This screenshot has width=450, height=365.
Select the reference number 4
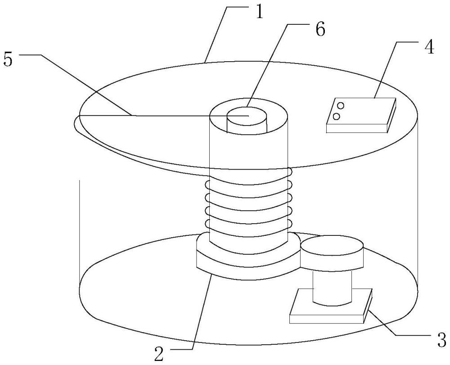(x=429, y=46)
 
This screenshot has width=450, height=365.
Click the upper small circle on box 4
(x=341, y=106)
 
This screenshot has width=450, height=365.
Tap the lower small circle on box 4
(x=336, y=117)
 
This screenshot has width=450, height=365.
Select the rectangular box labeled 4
(x=360, y=115)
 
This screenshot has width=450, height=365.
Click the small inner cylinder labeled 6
(x=247, y=119)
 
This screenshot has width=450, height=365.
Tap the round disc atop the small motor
(x=332, y=252)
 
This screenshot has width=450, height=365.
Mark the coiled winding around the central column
(x=247, y=203)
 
